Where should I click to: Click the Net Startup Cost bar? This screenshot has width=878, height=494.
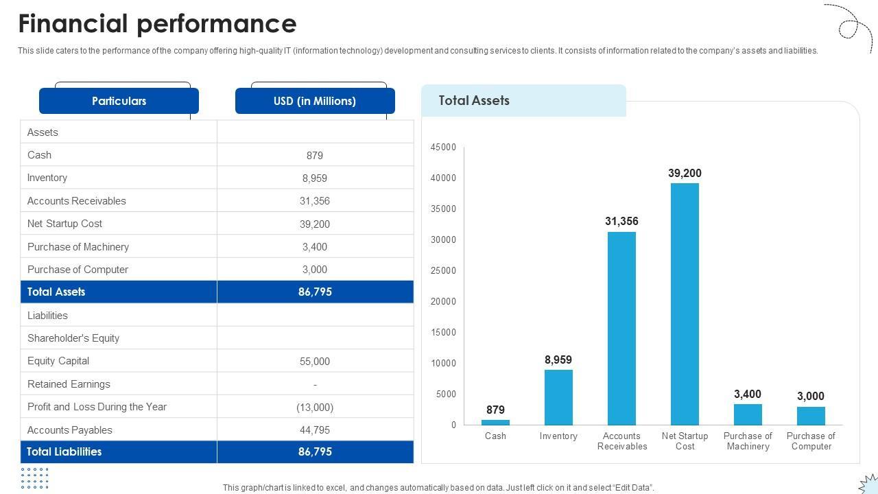click(685, 304)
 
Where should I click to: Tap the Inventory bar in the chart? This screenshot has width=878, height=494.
click(558, 397)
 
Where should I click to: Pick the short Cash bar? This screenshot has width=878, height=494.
click(495, 422)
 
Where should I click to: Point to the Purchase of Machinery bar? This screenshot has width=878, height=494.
click(748, 414)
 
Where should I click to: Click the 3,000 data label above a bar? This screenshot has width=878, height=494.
click(811, 396)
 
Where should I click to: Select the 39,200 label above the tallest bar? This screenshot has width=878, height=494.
click(685, 173)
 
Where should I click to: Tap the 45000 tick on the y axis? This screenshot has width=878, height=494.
click(443, 147)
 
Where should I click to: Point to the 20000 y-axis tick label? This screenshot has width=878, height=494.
click(443, 301)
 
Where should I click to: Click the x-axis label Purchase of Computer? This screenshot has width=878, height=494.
click(811, 441)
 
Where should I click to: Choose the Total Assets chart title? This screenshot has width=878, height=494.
click(474, 100)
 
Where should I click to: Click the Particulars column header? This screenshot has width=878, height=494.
click(119, 101)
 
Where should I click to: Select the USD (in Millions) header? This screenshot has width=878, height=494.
click(315, 101)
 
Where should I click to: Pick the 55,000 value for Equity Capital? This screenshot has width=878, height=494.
click(315, 361)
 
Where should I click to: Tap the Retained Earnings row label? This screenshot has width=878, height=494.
click(69, 384)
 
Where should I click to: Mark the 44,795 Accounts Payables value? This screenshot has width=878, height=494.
click(315, 430)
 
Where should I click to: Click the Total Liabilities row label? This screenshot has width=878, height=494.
click(64, 451)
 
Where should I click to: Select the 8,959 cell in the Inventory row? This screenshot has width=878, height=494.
click(315, 178)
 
